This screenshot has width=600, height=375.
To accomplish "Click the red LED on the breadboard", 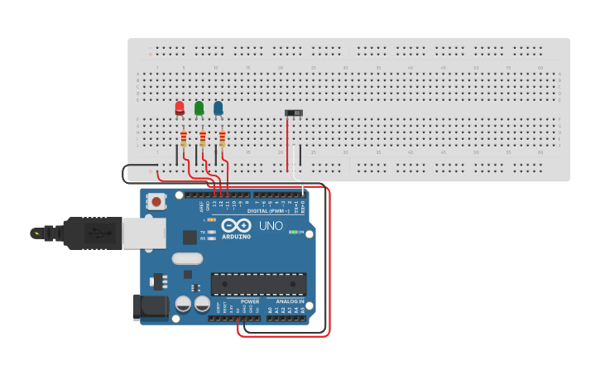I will [180, 108].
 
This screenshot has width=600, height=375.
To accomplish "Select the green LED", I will [199, 108].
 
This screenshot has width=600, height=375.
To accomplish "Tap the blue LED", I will [218, 108].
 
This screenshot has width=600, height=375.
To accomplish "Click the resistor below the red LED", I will [183, 138].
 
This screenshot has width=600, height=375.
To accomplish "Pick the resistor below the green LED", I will [203, 138].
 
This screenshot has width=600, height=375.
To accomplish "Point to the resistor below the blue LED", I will [223, 138].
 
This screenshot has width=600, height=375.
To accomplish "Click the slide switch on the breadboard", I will [294, 113].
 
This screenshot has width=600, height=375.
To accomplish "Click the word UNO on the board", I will [271, 225].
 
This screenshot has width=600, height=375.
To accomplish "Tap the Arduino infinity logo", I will [236, 225].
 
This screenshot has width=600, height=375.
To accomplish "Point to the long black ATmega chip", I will [258, 284].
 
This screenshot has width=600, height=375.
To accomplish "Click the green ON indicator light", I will [292, 232].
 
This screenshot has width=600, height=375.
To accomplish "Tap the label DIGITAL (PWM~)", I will [268, 211].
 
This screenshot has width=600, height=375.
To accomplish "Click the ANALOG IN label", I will [290, 301].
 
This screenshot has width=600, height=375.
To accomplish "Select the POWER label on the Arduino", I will [249, 301].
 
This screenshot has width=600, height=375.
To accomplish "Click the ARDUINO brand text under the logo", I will [236, 237].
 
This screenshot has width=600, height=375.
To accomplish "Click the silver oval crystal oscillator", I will [187, 258].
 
